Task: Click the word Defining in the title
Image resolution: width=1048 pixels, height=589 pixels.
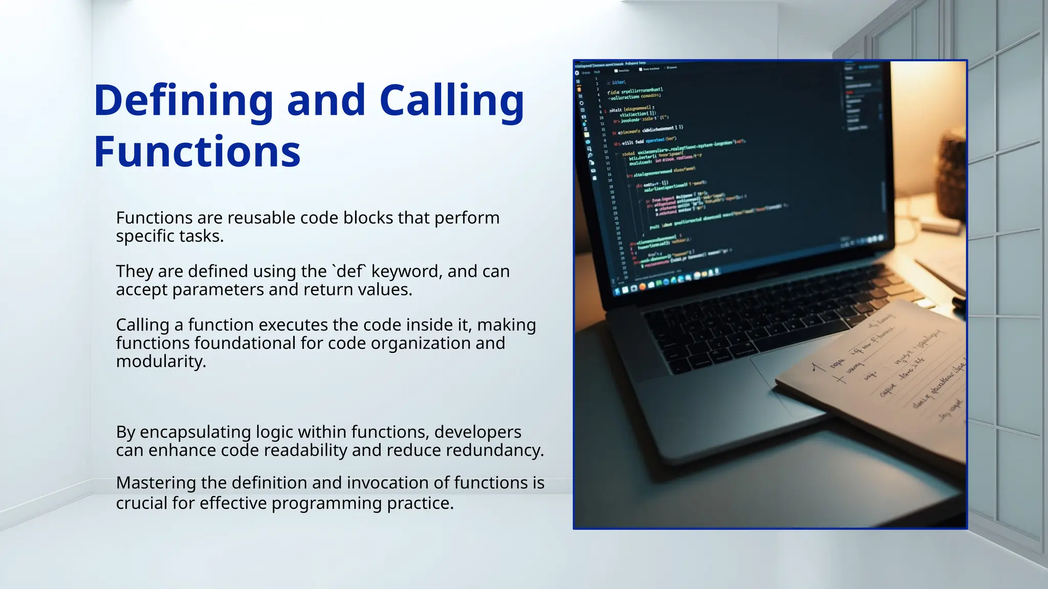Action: click(x=183, y=101)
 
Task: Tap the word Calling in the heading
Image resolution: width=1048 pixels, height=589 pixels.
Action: click(x=451, y=101)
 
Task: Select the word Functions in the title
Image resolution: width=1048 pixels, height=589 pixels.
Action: click(x=197, y=152)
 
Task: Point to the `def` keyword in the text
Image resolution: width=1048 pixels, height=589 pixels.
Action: click(x=349, y=271)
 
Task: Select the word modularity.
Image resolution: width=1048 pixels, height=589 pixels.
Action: click(x=161, y=361)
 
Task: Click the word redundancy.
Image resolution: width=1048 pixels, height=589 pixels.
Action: click(x=494, y=450)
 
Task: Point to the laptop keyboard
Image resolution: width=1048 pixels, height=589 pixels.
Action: click(x=757, y=327)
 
